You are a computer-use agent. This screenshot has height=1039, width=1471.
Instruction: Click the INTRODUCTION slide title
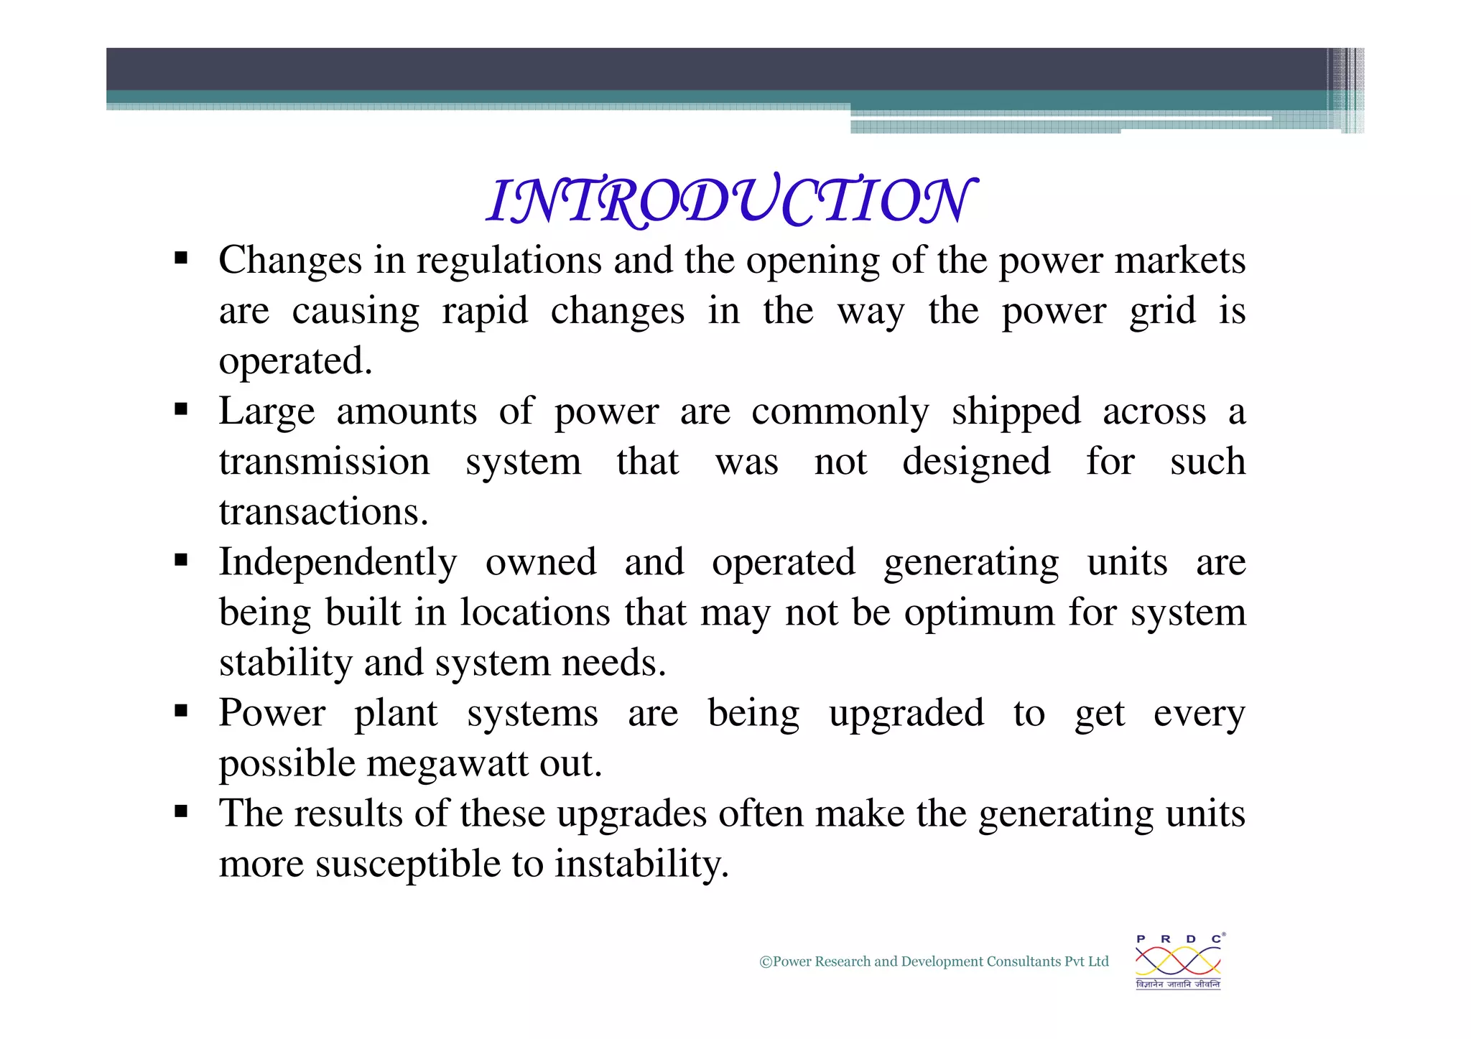pos(730,200)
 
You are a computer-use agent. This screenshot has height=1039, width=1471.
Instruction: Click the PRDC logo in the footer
pos(1178,961)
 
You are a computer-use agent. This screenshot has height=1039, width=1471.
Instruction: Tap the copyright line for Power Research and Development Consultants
pos(934,961)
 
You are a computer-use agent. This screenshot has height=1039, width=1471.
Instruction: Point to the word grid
pos(1162,312)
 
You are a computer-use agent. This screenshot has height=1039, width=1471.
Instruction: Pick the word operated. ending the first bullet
pos(295,361)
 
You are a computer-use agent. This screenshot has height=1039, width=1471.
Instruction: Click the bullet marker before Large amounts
pos(181,410)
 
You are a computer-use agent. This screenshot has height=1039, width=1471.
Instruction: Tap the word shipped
pos(1016,412)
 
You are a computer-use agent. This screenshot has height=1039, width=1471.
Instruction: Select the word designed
pos(976,462)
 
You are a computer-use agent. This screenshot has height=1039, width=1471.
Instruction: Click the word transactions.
pos(323,512)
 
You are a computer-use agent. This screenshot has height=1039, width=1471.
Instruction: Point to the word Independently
pos(338,563)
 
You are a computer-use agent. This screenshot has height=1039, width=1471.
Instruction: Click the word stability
pos(285,663)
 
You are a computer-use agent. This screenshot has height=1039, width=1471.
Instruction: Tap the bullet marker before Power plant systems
pos(181,712)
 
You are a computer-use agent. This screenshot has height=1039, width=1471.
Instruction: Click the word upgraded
pos(906,714)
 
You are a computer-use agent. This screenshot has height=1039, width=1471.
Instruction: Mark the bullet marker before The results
pos(181,812)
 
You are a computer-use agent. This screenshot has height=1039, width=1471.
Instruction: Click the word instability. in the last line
pos(641,864)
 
